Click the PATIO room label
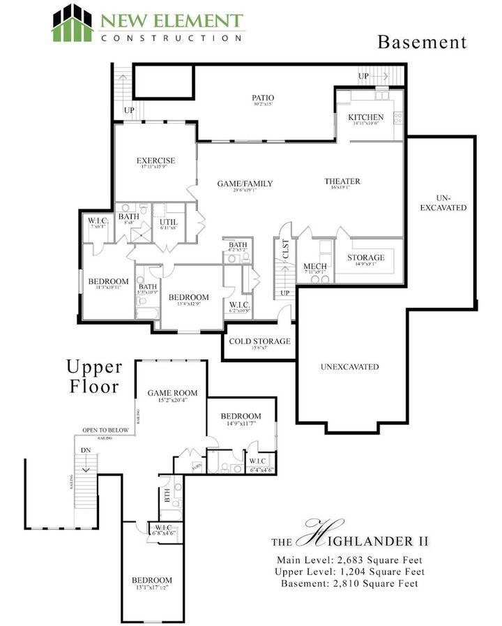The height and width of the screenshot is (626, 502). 263,98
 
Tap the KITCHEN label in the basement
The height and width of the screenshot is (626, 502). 365,117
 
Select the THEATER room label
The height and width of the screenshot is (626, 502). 342,181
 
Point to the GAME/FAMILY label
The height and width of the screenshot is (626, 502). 244,184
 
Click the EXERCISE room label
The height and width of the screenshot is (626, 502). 155,161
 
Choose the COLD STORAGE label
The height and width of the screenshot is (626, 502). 259,341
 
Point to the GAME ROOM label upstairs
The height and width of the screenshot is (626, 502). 172,393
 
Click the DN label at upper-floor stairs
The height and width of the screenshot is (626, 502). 86,450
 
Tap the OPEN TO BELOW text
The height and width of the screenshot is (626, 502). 105,430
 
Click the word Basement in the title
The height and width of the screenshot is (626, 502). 422,42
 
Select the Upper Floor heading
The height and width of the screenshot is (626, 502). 94,376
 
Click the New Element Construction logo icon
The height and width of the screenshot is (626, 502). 73,23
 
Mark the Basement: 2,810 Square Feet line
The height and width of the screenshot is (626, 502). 349,583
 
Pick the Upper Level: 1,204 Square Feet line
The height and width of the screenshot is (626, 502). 349,572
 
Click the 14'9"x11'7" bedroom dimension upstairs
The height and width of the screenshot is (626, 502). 241,424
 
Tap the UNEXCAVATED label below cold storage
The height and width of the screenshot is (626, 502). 349,366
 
